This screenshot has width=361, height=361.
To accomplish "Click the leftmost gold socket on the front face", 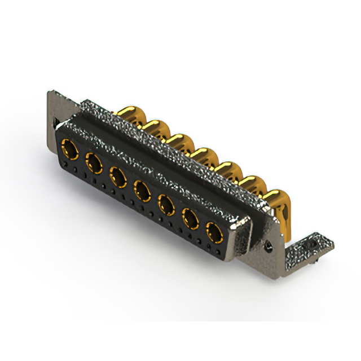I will tap(70, 150).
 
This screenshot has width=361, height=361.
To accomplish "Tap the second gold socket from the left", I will tap(94, 164).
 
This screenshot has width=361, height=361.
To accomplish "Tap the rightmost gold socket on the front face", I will tap(214, 231).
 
